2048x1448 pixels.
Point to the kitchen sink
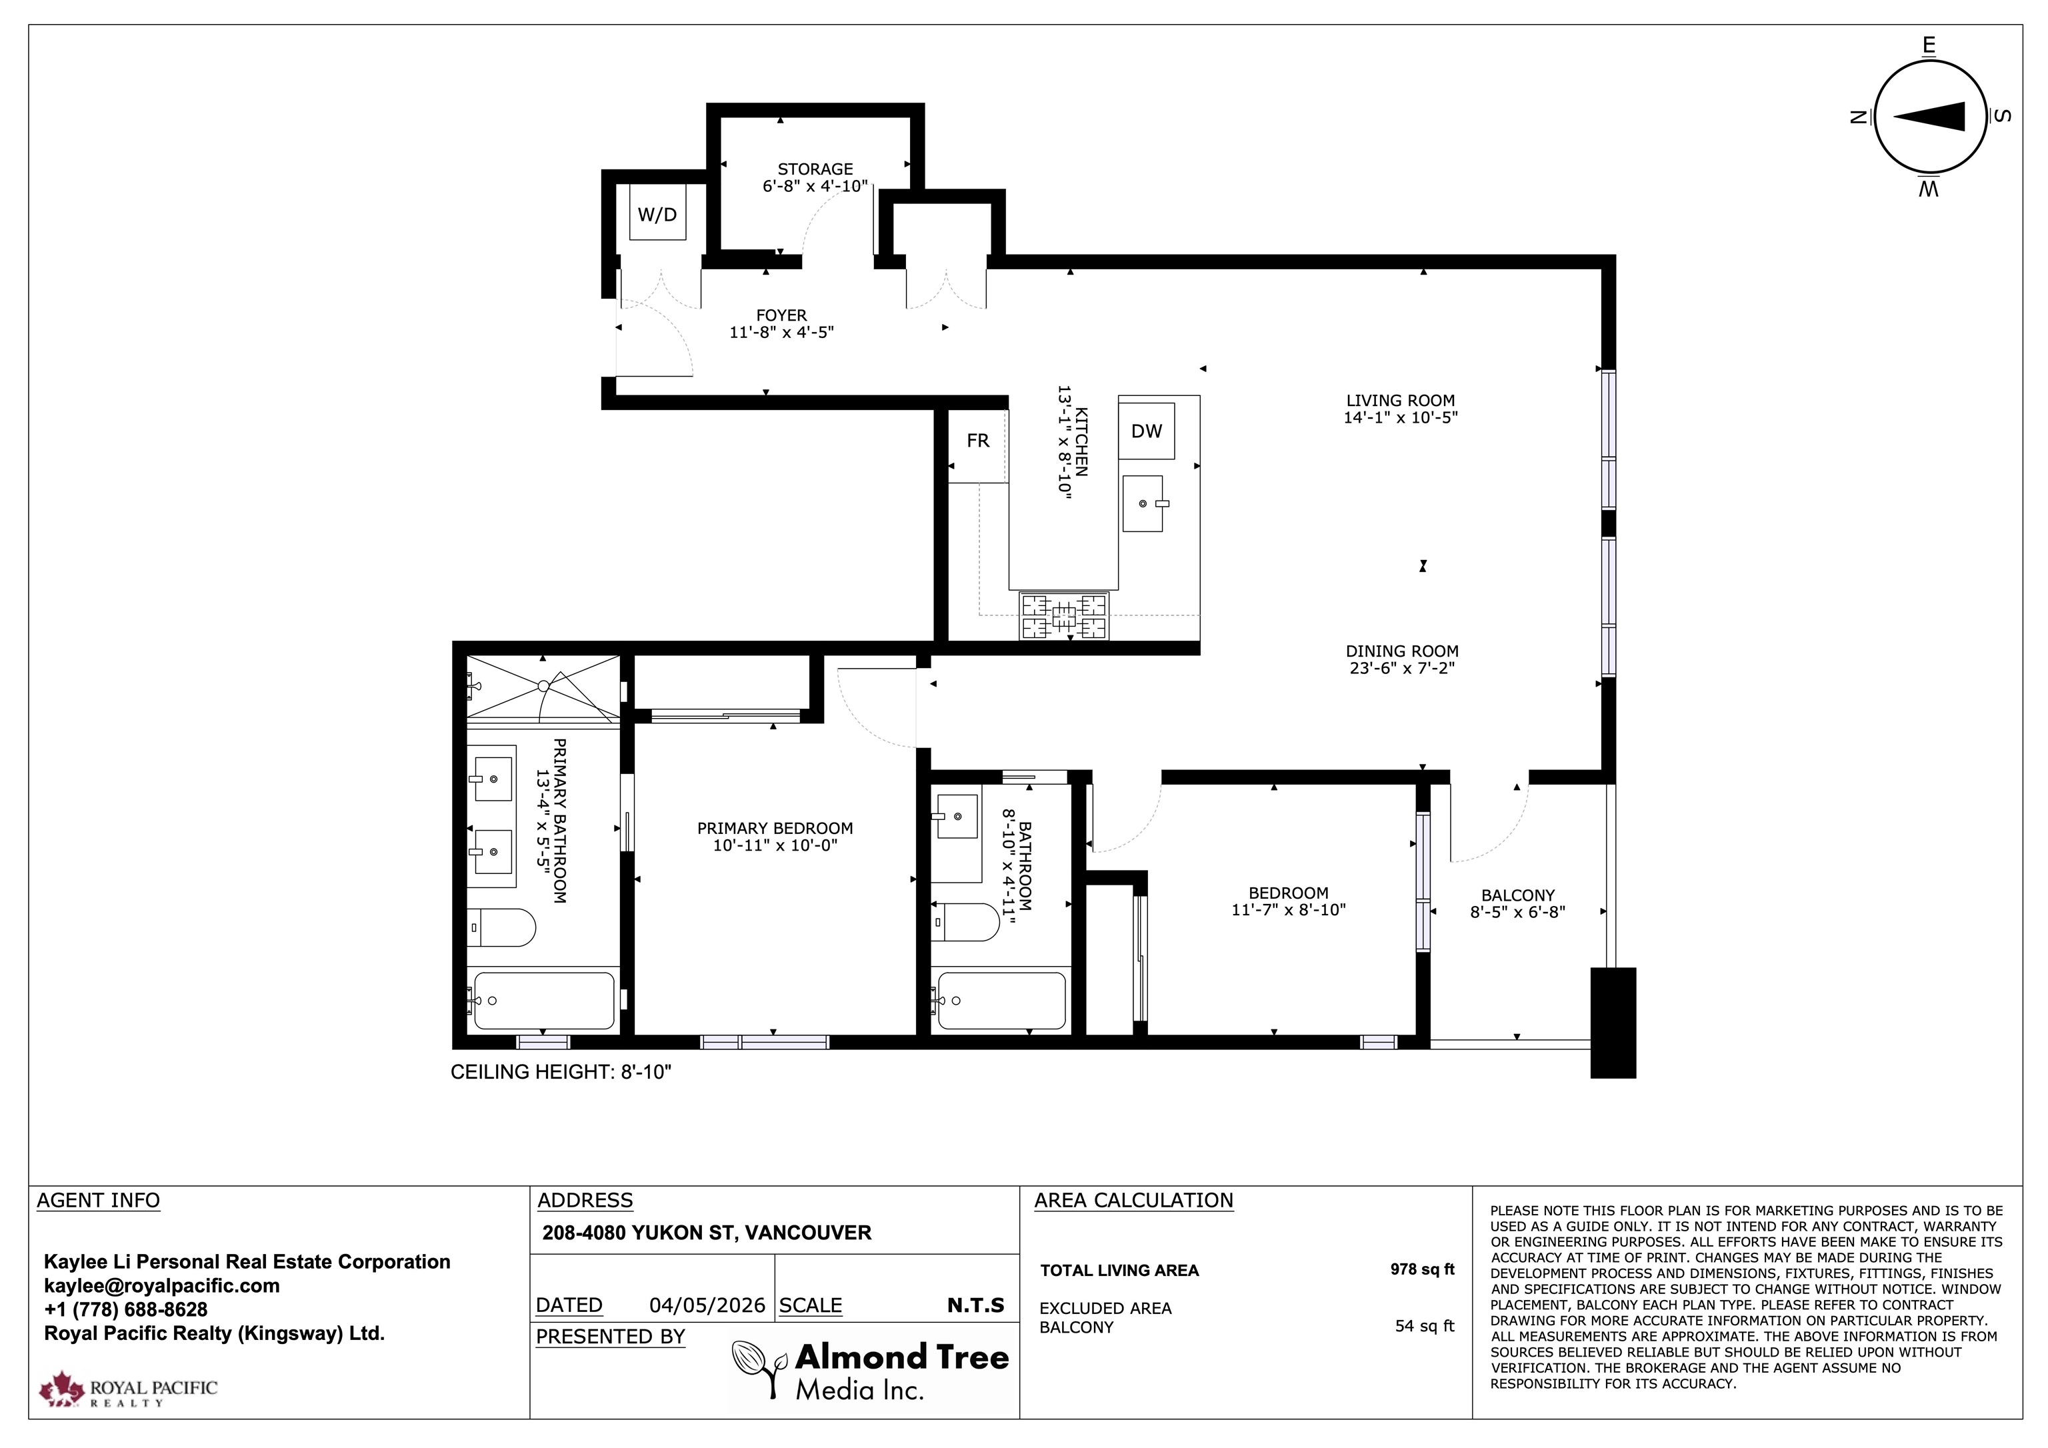click(x=1143, y=503)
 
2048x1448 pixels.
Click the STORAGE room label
click(x=815, y=169)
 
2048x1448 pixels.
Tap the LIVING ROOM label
click(x=1401, y=401)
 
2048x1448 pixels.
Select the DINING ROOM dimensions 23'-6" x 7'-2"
click(x=1402, y=668)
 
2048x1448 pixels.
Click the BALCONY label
click(x=1518, y=895)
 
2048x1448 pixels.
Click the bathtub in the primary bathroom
click(x=543, y=1000)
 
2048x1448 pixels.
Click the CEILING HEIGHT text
click(x=561, y=1071)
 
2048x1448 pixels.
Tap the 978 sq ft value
click(x=1422, y=1269)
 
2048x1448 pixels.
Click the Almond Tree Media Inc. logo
click(x=871, y=1369)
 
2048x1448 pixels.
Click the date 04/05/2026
click(x=707, y=1305)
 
